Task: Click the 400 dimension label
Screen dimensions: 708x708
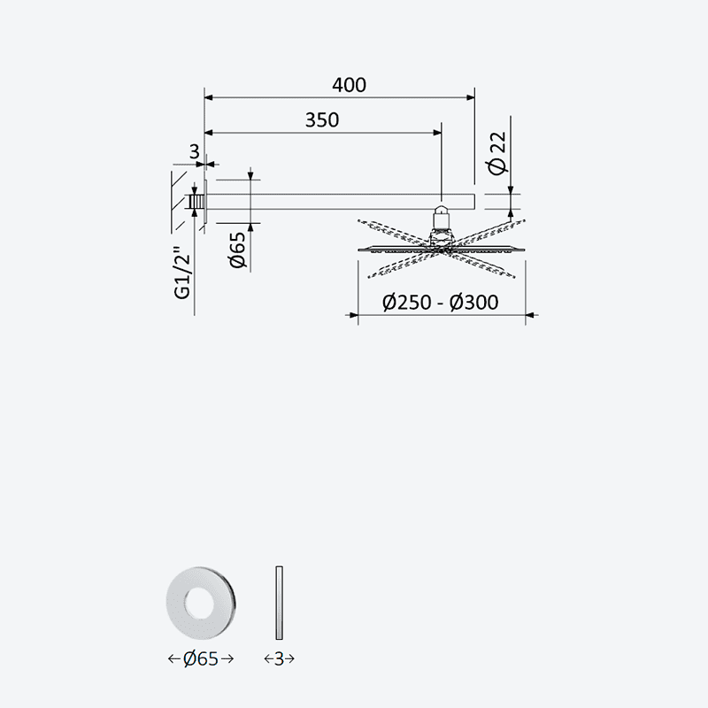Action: [349, 85]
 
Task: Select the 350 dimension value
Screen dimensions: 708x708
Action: [322, 120]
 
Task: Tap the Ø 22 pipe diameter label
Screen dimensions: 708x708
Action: [498, 153]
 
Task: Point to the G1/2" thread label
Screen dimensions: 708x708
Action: [183, 273]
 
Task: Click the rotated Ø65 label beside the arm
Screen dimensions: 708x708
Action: [237, 250]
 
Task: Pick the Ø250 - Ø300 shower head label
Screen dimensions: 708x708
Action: [440, 302]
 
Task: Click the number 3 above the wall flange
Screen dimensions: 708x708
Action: [194, 151]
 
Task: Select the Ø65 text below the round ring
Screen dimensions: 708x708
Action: [201, 658]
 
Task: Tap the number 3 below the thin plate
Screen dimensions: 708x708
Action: [279, 658]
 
